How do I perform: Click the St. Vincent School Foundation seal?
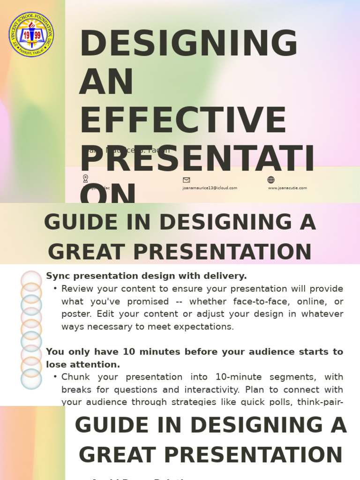coord(31,35)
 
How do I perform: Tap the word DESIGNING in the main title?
coord(188,44)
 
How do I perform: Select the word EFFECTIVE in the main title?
coord(183,120)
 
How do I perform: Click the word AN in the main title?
coord(106,82)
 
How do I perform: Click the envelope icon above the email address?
coord(186,180)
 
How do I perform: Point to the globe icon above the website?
coord(271,180)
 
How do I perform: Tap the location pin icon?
coord(85,179)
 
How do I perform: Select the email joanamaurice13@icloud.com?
coord(210,188)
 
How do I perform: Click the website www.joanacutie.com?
coord(287,188)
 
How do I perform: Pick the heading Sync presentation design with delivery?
coord(146,276)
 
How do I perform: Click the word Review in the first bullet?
coord(75,289)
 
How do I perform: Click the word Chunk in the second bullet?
coord(74,377)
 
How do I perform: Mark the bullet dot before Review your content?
coord(55,289)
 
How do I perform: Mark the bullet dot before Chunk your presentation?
coord(55,377)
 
